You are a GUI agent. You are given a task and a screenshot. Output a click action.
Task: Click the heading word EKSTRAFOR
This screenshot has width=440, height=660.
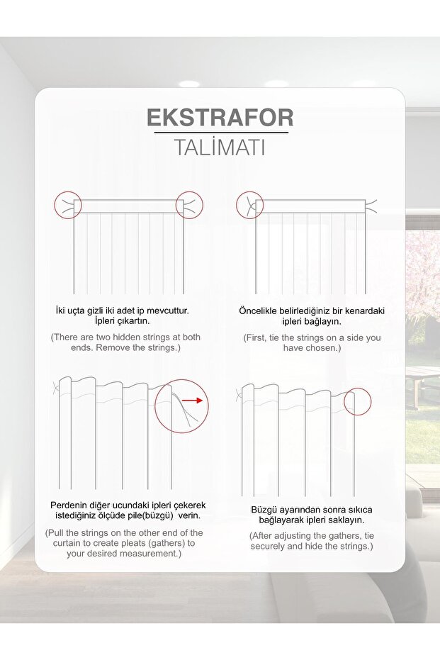(x=220, y=118)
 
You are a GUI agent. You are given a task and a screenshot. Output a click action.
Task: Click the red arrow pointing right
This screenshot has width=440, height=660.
(x=193, y=401)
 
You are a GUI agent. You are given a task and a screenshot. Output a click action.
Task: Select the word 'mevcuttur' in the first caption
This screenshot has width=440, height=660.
(x=169, y=311)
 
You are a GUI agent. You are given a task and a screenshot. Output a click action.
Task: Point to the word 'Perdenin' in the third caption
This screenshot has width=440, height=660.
(x=67, y=505)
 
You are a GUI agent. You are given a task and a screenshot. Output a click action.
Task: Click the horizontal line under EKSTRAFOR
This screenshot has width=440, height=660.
(x=221, y=133)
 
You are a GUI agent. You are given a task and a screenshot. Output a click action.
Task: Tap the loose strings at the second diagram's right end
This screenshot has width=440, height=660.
(x=371, y=206)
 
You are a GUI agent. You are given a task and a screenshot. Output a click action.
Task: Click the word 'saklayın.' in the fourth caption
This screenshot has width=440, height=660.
(x=346, y=520)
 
